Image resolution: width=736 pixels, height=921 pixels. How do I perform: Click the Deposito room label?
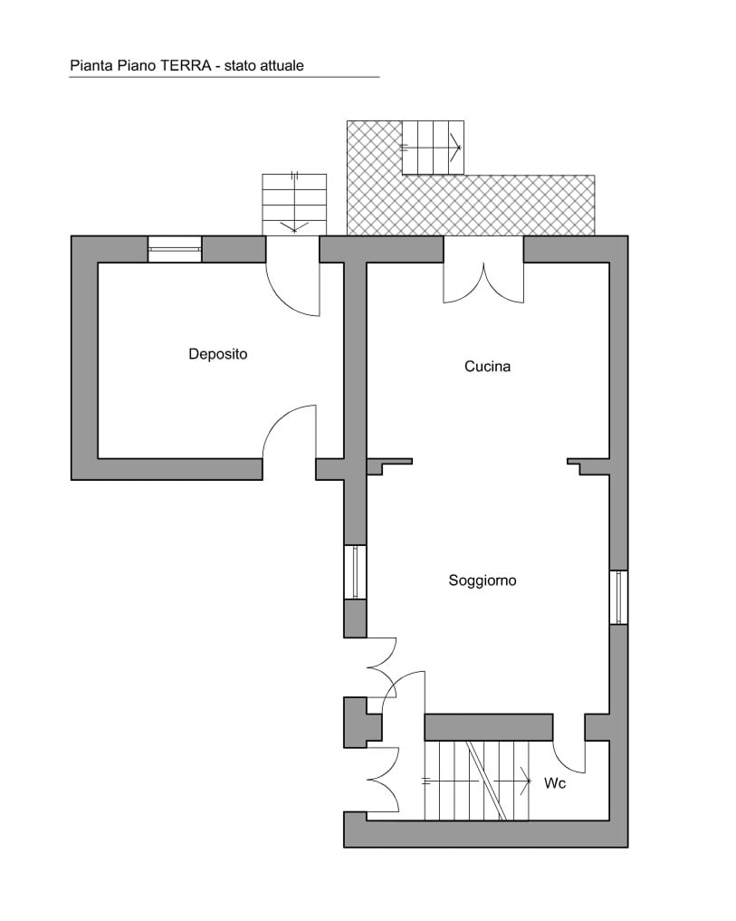pyautogui.click(x=218, y=354)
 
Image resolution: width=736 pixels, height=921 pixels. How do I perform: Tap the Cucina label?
pyautogui.click(x=487, y=367)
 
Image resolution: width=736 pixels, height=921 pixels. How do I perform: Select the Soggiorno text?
pyautogui.click(x=483, y=580)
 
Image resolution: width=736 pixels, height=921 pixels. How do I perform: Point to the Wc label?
pyautogui.click(x=555, y=783)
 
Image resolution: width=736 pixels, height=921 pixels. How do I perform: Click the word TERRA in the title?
pyautogui.click(x=181, y=65)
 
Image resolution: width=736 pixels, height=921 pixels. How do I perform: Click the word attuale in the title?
pyautogui.click(x=281, y=65)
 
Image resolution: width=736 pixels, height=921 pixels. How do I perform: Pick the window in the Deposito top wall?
pyautogui.click(x=175, y=249)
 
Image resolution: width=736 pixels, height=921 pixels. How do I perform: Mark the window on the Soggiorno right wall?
pyautogui.click(x=618, y=598)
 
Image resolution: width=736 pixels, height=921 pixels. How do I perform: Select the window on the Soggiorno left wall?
pyautogui.click(x=355, y=572)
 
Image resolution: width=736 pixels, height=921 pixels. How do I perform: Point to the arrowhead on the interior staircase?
pyautogui.click(x=525, y=782)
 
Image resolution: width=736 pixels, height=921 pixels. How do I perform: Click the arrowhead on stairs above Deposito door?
pyautogui.click(x=294, y=226)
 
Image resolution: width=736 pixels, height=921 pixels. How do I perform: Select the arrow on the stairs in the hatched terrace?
pyautogui.click(x=431, y=148)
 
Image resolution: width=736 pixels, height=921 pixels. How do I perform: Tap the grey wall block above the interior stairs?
pyautogui.click(x=489, y=727)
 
